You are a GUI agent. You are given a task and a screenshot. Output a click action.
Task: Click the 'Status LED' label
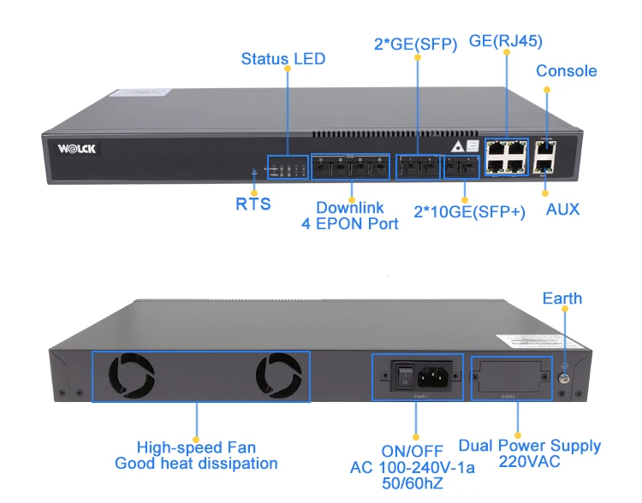[x=282, y=59]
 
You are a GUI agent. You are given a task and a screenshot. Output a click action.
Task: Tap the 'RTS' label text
[x=253, y=204]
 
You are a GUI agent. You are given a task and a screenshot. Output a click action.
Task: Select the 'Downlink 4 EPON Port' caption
[x=349, y=216]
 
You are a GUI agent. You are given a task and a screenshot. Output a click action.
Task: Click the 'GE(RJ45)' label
[x=506, y=40]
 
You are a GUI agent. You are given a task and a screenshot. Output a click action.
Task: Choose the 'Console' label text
[x=566, y=71]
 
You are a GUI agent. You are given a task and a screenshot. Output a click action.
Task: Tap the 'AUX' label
[x=562, y=210]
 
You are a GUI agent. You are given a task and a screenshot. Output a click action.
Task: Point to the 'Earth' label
[x=562, y=299]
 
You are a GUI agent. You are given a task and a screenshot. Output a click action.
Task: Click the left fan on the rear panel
[x=132, y=377]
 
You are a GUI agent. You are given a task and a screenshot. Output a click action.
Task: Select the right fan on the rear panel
[x=278, y=377]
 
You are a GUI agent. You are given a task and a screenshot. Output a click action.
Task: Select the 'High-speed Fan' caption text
[x=196, y=447]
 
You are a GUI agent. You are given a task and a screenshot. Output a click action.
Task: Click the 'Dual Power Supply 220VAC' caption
[x=529, y=453]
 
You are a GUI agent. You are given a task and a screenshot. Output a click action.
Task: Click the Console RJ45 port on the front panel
[x=545, y=147]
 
